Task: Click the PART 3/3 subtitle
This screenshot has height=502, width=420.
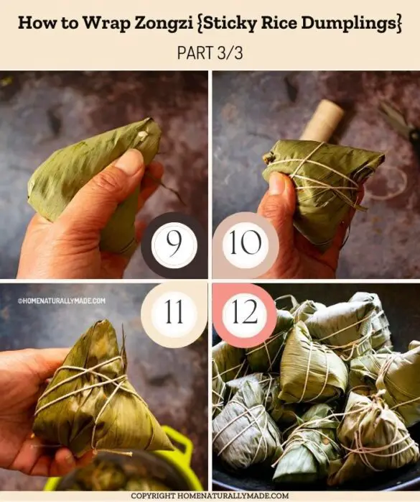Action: point(210,53)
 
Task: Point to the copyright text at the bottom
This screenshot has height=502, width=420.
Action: point(210,496)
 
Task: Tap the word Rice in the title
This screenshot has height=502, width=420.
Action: point(265,22)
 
